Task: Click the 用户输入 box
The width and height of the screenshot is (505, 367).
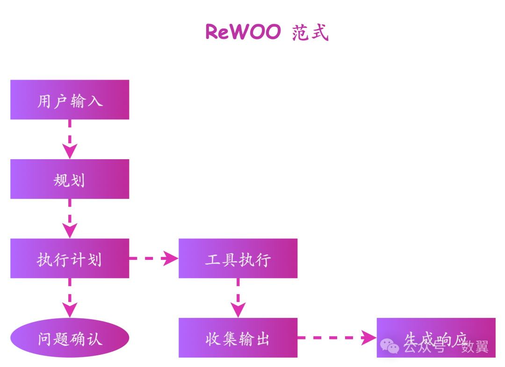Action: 70,100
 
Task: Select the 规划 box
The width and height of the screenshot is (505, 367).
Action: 70,179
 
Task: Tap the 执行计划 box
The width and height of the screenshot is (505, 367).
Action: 70,258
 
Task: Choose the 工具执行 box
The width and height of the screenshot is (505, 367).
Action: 238,258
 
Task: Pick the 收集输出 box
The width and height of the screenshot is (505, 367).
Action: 238,338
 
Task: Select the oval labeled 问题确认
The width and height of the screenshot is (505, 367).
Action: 70,338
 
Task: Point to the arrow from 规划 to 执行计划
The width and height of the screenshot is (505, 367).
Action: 70,219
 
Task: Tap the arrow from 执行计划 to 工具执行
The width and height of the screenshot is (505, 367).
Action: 154,258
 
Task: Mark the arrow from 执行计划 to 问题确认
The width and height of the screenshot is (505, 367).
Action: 70,298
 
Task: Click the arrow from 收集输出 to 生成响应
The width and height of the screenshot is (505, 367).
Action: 337,338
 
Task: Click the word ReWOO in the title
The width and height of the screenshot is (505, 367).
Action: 243,32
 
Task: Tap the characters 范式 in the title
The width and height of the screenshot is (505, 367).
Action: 310,33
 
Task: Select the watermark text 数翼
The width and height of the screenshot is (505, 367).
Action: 475,347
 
